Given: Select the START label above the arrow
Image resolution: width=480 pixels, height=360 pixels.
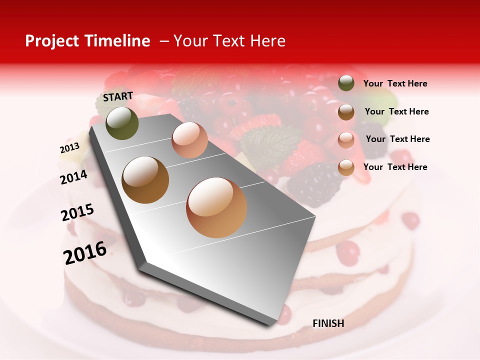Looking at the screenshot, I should (x=118, y=96).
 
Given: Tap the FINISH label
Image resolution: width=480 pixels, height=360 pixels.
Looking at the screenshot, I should (x=328, y=323).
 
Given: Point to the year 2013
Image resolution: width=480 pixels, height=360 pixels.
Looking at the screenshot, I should (x=69, y=148).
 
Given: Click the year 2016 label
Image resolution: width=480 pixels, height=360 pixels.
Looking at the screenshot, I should (x=85, y=253).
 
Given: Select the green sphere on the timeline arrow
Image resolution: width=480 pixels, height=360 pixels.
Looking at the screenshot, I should (x=122, y=123).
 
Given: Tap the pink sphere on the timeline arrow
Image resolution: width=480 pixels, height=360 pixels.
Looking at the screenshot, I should (x=189, y=140).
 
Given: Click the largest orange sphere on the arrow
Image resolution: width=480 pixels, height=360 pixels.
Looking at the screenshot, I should (x=216, y=207).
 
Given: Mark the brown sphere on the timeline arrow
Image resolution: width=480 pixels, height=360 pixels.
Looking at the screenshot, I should (x=145, y=180).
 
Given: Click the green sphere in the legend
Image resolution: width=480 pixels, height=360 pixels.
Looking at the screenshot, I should (x=346, y=83).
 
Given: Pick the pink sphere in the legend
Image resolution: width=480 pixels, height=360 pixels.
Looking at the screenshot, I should (x=346, y=139).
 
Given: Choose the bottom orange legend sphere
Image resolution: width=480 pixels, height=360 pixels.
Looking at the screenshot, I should (x=346, y=167).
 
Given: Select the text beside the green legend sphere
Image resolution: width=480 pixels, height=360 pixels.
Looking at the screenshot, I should (x=395, y=84).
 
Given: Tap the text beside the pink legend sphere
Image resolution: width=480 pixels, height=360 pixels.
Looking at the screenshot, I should (x=397, y=139).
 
